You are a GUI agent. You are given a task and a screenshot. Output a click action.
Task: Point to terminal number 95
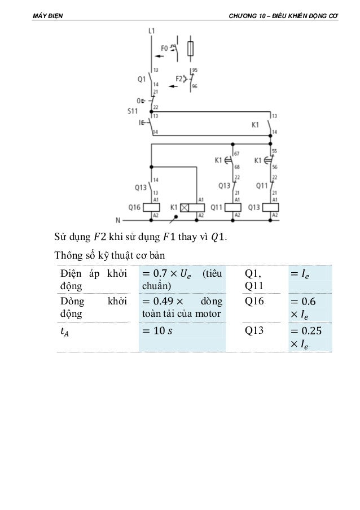(195, 70)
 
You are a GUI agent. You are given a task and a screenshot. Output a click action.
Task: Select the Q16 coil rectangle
(152, 207)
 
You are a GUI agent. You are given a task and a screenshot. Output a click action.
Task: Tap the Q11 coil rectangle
(233, 207)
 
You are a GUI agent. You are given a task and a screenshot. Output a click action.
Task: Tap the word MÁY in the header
(41, 15)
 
